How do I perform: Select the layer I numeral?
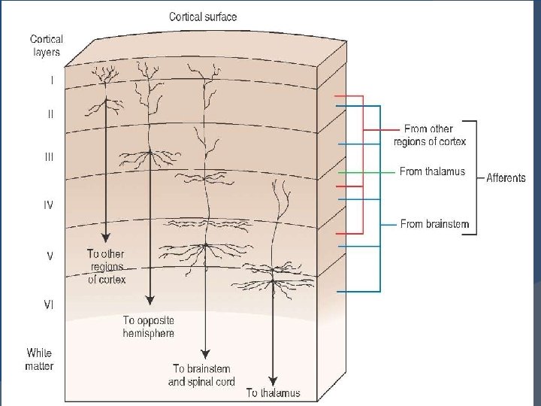coord(51,80)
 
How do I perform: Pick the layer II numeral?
coord(50,115)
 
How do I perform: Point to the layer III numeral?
coord(50,158)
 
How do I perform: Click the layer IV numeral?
coord(48,205)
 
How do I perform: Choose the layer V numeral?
coord(50,256)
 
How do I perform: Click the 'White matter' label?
coord(39,359)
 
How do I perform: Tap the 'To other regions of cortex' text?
coord(105,266)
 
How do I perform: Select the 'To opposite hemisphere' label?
coord(149,326)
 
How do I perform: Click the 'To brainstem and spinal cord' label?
coord(204,375)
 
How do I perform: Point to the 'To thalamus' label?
coord(273,392)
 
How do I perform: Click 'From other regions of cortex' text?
coord(429,135)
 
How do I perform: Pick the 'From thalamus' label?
coord(432,171)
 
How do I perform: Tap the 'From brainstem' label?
coord(434,224)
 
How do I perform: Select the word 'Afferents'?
coord(506,178)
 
